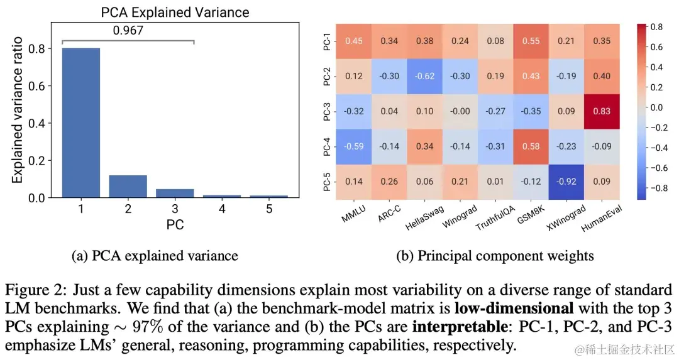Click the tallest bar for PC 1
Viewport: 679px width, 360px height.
pyautogui.click(x=80, y=123)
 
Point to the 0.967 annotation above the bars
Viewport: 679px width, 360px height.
pyautogui.click(x=128, y=29)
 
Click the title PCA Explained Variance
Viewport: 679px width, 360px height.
pyautogui.click(x=175, y=13)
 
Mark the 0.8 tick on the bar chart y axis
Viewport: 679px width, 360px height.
pyautogui.click(x=39, y=48)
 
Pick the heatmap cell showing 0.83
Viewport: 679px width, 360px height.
pyautogui.click(x=602, y=111)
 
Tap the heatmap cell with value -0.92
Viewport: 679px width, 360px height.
pyautogui.click(x=566, y=182)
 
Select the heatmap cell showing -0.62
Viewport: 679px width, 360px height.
pyautogui.click(x=424, y=76)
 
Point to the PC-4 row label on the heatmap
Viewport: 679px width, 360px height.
pyautogui.click(x=327, y=146)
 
